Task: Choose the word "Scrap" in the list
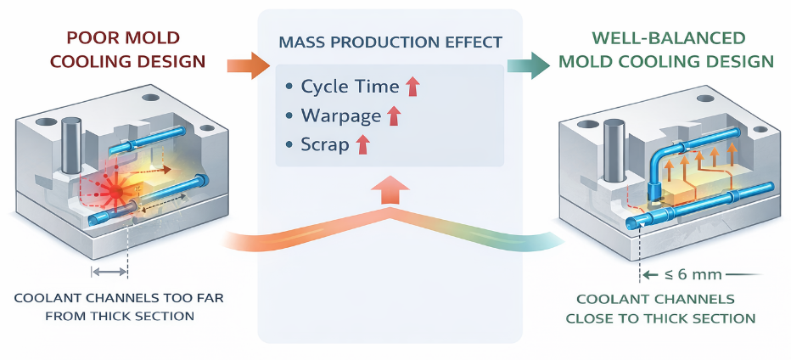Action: pyautogui.click(x=324, y=144)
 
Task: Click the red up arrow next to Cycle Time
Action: pyautogui.click(x=413, y=86)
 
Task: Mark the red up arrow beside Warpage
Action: pyautogui.click(x=393, y=115)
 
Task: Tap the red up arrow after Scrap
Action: pyautogui.click(x=363, y=144)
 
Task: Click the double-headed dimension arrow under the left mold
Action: pyautogui.click(x=109, y=272)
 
